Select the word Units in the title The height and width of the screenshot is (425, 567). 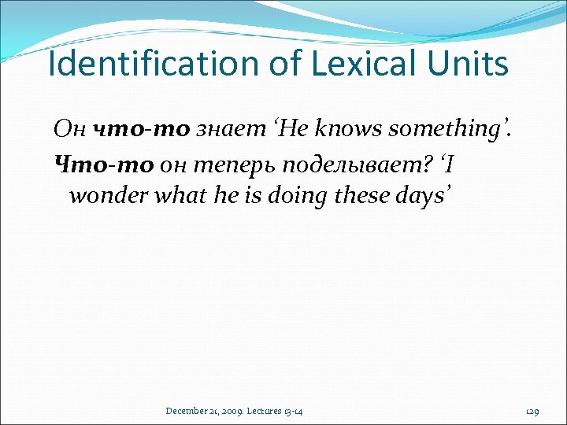pos(470,64)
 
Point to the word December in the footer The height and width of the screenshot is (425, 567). pos(187,411)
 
